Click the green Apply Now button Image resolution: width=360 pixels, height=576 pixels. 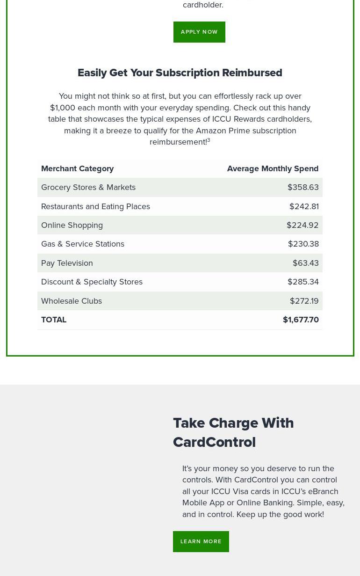coord(199,32)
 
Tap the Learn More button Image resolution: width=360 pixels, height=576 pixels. coord(201,541)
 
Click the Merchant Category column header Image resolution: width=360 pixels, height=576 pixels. coord(78,168)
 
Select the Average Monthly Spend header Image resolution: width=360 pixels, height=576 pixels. coord(273,168)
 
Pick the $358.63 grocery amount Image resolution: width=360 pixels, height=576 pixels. coord(303,187)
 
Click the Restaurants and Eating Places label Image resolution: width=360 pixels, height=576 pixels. coord(95,206)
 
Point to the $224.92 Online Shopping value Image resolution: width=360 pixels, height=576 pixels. coord(302,225)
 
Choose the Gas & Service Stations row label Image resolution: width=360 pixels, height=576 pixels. coord(83,244)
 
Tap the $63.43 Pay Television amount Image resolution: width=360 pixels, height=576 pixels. coord(305,263)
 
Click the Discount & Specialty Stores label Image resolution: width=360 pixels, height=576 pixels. coord(92,282)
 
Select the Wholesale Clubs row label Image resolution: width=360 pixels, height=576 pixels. coord(72,301)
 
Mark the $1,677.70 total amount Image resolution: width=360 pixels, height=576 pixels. coord(301,320)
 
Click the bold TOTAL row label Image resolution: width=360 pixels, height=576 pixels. coord(54,320)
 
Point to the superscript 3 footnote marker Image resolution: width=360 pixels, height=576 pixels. coord(209,140)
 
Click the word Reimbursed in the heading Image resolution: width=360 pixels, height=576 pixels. coord(252,73)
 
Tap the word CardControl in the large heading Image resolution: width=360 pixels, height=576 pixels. coord(214,442)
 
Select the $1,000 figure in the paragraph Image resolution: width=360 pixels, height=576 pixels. coord(63,108)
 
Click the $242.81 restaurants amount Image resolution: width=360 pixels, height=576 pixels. coord(304,206)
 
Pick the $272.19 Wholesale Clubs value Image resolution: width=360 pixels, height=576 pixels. coord(304,301)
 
